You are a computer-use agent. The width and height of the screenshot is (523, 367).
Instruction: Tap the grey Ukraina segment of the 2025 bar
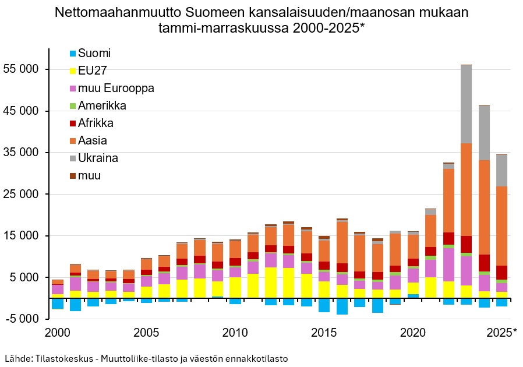pyautogui.click(x=501, y=170)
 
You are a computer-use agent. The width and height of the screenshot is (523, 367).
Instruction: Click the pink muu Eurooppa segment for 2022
pyautogui.click(x=448, y=264)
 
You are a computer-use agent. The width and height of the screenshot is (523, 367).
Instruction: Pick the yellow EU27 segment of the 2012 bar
pyautogui.click(x=271, y=283)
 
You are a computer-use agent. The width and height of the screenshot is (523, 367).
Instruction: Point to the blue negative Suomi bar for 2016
pyautogui.click(x=342, y=306)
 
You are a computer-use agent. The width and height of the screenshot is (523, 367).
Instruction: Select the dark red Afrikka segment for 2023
pyautogui.click(x=466, y=244)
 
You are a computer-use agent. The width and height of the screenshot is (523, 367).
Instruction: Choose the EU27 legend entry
pyautogui.click(x=94, y=71)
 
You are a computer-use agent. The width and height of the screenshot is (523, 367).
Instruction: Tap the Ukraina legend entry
pyautogui.click(x=98, y=158)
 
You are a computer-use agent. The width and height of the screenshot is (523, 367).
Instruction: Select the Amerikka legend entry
pyautogui.click(x=102, y=105)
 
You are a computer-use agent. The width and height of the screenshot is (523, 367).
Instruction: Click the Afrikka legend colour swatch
pyautogui.click(x=72, y=123)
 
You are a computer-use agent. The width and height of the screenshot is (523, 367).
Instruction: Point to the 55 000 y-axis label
pyautogui.click(x=21, y=69)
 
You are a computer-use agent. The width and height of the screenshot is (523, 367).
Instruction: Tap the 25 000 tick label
pyautogui.click(x=21, y=194)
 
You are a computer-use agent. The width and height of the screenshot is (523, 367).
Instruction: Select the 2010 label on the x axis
pyautogui.click(x=235, y=333)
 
